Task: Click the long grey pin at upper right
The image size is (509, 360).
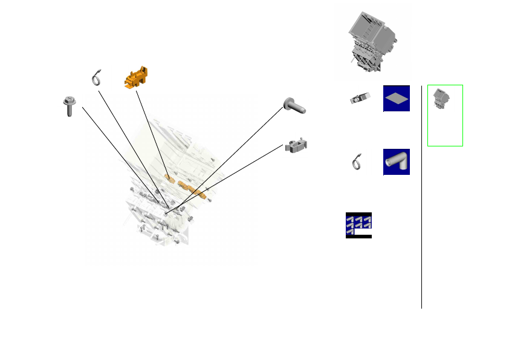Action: pyautogui.click(x=295, y=106)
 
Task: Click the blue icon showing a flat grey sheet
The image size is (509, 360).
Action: pyautogui.click(x=397, y=98)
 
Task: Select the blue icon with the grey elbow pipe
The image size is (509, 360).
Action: pyautogui.click(x=397, y=162)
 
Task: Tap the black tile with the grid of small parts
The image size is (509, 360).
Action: pyautogui.click(x=358, y=225)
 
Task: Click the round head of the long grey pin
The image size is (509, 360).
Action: pyautogui.click(x=287, y=103)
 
